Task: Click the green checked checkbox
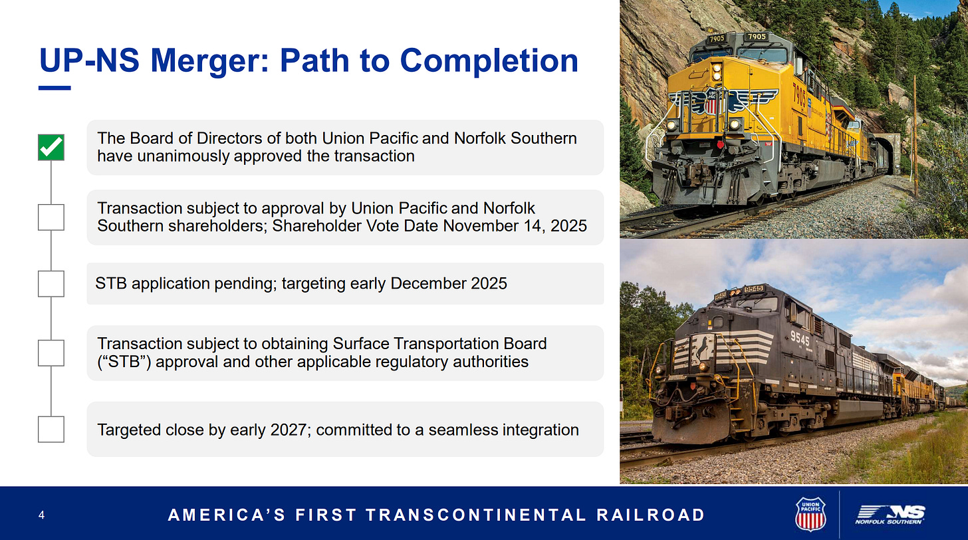(x=51, y=148)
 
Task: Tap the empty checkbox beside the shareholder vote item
(x=51, y=217)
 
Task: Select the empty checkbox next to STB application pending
(x=51, y=283)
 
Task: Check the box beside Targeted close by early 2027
(x=51, y=430)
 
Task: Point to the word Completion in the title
(x=489, y=61)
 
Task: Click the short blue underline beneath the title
(x=55, y=88)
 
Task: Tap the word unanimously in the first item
(x=183, y=156)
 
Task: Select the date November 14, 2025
(x=515, y=226)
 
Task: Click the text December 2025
(x=449, y=283)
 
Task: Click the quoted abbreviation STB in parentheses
(x=124, y=362)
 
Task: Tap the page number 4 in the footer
(x=41, y=515)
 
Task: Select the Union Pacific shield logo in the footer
(x=810, y=514)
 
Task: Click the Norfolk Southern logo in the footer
(x=890, y=515)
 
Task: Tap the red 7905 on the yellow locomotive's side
(x=799, y=96)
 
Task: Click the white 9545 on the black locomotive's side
(x=799, y=337)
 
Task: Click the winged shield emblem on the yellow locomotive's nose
(x=722, y=102)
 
